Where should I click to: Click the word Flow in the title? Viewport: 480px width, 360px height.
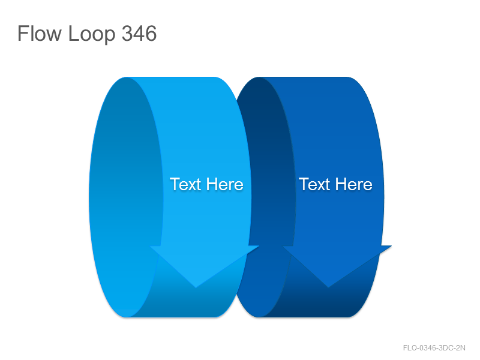tap(40, 33)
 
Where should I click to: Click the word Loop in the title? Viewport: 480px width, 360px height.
tap(92, 35)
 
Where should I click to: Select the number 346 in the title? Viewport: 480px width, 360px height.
tap(139, 33)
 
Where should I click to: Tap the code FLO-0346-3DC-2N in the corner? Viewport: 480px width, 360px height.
tap(434, 348)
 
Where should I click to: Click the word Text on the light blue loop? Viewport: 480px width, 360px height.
tap(185, 184)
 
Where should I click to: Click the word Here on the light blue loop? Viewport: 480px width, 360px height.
tap(224, 184)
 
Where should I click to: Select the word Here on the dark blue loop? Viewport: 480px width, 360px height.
tap(354, 184)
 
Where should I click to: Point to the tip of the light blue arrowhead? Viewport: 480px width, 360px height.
tap(196, 287)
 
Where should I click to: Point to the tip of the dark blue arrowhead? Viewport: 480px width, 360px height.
tap(328, 287)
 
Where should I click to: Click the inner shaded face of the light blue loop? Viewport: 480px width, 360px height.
tap(125, 196)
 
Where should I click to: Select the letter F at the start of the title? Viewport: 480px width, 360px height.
tap(23, 33)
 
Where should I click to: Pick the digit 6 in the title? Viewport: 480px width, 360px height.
tap(151, 33)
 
